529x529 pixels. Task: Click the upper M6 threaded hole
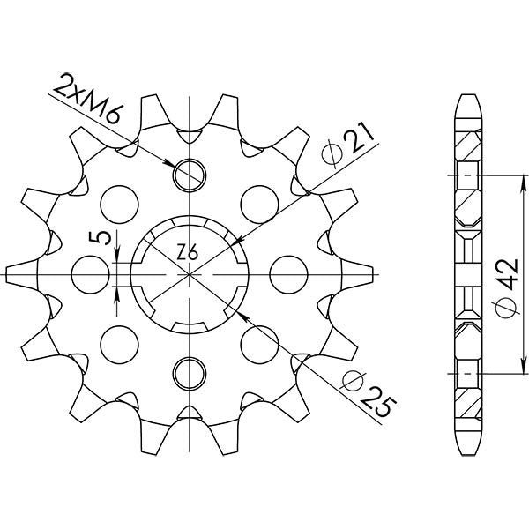(x=189, y=175)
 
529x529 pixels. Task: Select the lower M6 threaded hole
(x=189, y=374)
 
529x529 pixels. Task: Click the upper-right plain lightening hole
(x=261, y=202)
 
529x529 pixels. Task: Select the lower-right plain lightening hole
(x=261, y=339)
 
